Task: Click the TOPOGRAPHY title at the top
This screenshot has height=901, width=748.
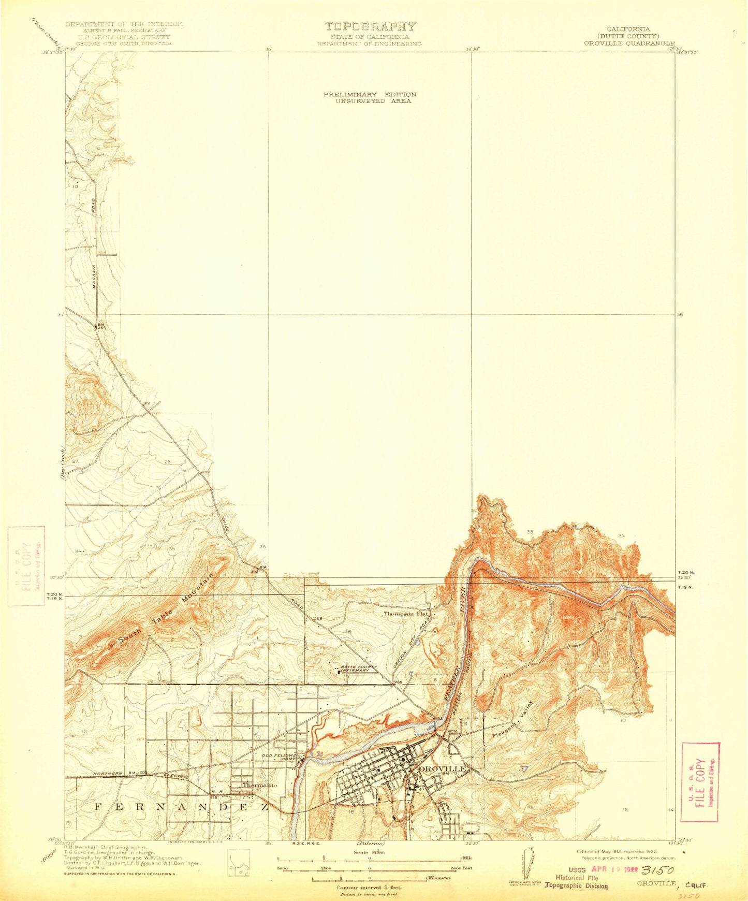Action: (x=370, y=26)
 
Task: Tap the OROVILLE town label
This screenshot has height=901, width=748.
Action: (x=443, y=768)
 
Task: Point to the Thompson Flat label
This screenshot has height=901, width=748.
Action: (x=407, y=614)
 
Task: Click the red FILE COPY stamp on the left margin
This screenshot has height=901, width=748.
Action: (x=26, y=565)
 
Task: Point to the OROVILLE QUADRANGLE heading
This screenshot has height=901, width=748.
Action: (x=629, y=43)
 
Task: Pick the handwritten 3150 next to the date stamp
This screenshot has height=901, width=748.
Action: (x=658, y=871)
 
